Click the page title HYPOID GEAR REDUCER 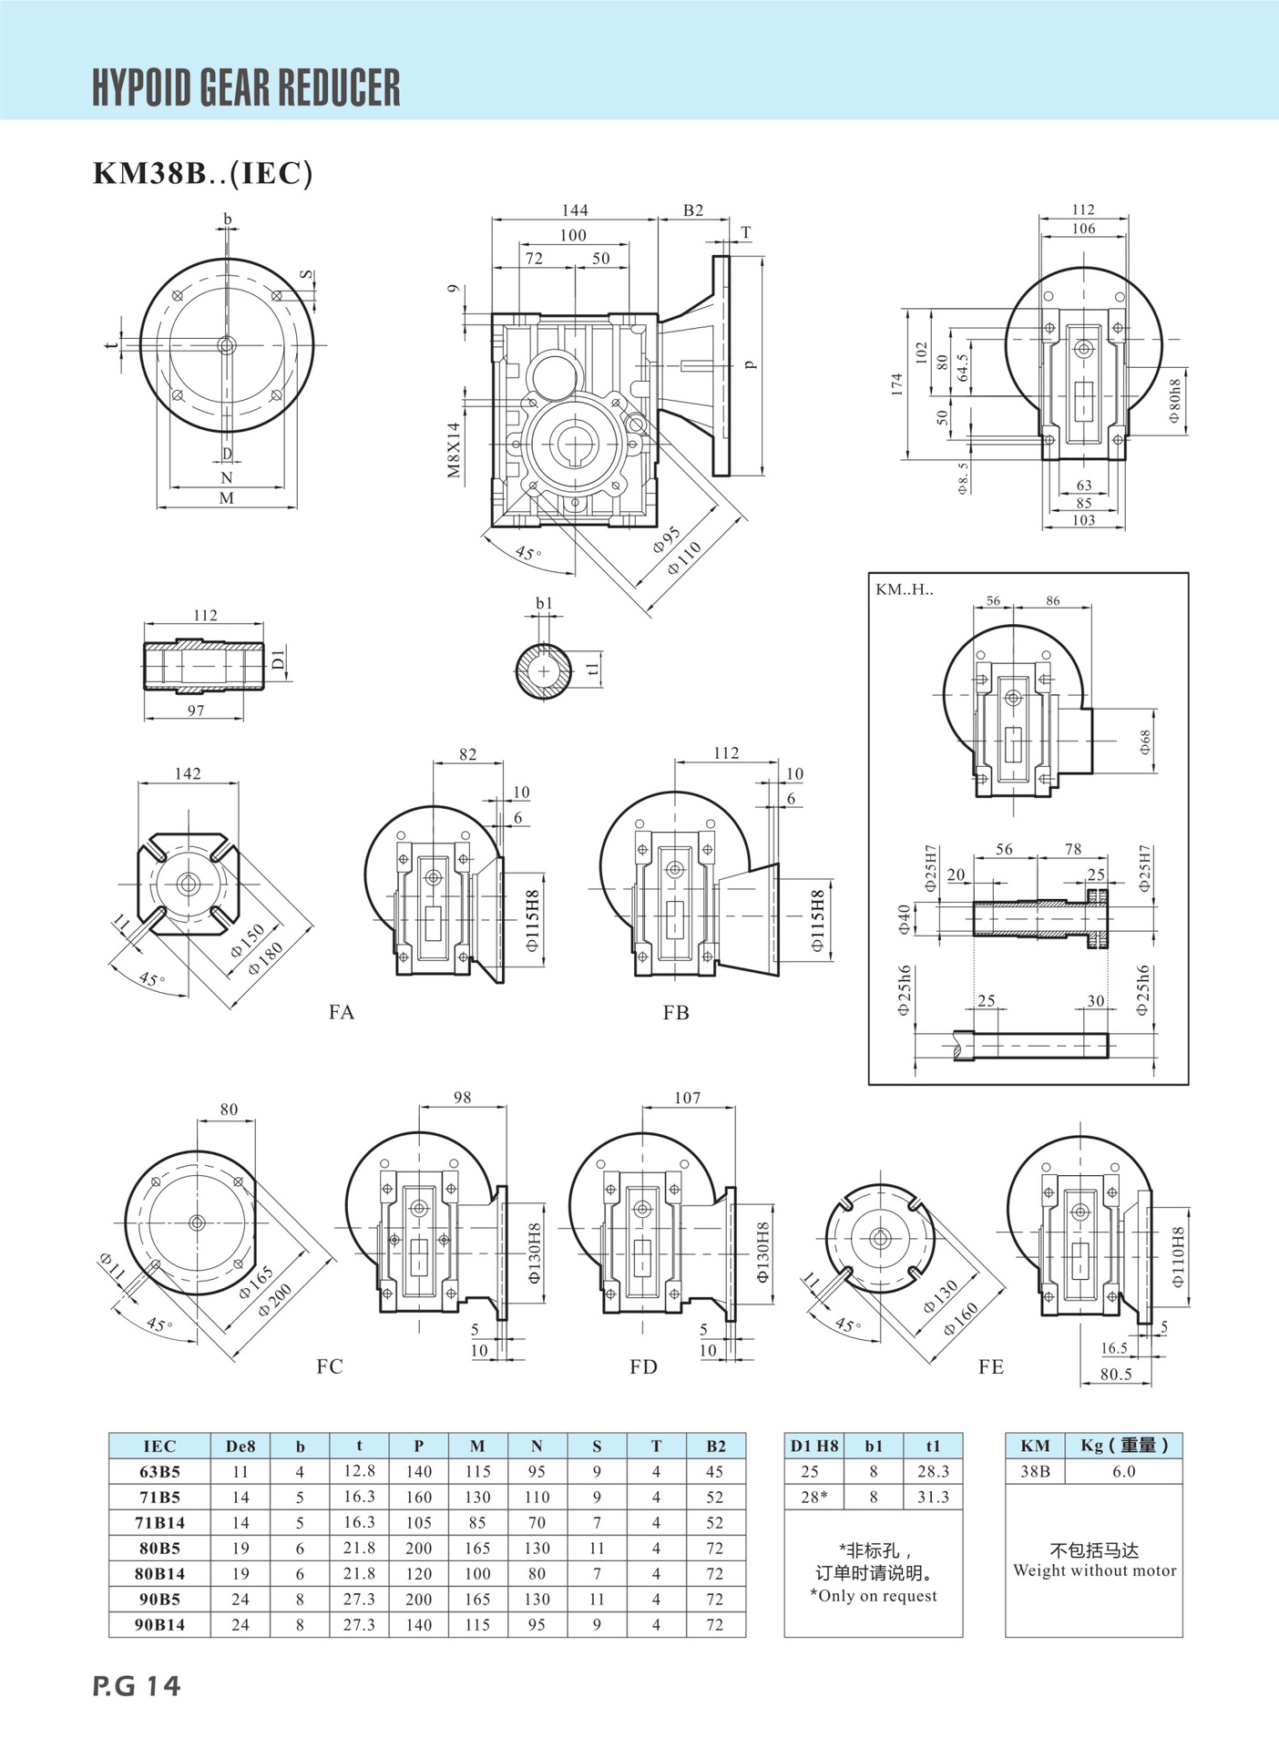pos(246,87)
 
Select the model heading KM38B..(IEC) pos(203,173)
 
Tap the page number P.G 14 pos(137,1686)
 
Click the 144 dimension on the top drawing pos(575,210)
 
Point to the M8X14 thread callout pos(454,450)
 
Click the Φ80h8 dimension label pos(1174,401)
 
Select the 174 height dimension pos(897,384)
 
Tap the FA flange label pos(342,1012)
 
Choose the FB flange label pos(676,1012)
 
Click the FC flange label pos(330,1366)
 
